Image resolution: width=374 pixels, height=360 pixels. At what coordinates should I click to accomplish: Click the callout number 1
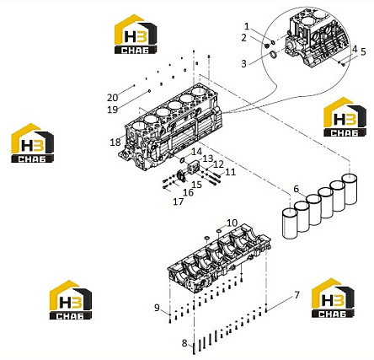click(247, 27)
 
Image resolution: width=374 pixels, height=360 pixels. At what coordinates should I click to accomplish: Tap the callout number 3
click(243, 64)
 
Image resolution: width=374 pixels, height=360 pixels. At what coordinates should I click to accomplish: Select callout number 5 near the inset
click(363, 51)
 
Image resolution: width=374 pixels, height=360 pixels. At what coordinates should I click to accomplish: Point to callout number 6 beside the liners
click(297, 189)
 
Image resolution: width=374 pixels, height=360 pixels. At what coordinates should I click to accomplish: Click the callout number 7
click(297, 295)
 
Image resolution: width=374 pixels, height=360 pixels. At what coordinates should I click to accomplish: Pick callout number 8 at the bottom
click(184, 343)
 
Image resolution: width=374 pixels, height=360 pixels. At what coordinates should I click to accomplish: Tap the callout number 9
click(157, 308)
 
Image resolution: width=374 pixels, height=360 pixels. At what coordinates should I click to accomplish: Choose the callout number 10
click(232, 223)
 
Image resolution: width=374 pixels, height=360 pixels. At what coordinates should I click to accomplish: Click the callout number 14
click(196, 152)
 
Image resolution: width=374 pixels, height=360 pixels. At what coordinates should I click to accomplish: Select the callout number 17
click(179, 201)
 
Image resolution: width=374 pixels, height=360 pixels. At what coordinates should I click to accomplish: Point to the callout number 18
click(115, 142)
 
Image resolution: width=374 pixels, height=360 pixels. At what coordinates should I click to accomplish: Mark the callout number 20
click(112, 98)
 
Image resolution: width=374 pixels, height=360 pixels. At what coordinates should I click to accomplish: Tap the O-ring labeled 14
click(183, 160)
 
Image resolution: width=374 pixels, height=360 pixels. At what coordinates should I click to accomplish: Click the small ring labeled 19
click(149, 91)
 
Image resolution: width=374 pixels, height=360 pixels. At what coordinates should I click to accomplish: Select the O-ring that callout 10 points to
click(218, 231)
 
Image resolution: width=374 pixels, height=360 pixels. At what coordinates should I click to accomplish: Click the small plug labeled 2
click(267, 45)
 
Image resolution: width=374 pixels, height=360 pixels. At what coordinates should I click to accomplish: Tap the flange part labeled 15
click(180, 176)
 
